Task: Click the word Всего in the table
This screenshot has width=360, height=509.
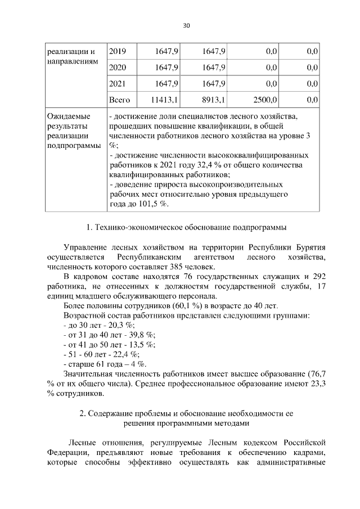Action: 119,100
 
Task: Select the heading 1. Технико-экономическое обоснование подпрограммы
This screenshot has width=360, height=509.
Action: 186,228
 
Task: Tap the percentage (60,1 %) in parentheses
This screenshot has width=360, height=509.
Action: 204,305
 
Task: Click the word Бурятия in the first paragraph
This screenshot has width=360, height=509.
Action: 307,247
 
